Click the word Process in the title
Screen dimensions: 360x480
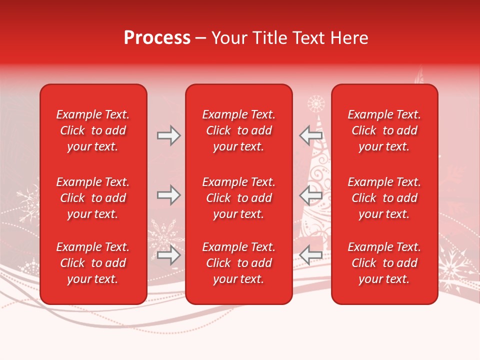pos(157,38)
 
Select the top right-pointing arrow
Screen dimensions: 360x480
pos(168,135)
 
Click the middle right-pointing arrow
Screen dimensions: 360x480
pos(168,195)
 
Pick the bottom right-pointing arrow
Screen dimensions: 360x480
pos(168,255)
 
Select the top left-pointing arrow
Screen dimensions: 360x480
pos(311,135)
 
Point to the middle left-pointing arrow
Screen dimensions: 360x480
pos(311,195)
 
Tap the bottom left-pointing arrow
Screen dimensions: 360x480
pos(311,255)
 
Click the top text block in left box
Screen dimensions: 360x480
pos(93,130)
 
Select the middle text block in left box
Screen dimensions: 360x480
pos(93,198)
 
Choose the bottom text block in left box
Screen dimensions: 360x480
pos(93,263)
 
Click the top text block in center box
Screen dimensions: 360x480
pos(238,130)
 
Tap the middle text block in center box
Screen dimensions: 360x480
pos(238,198)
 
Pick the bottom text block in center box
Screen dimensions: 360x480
pos(238,263)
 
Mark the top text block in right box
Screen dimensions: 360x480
pos(384,130)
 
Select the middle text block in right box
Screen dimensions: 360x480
pos(384,198)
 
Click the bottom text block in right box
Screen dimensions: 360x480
pos(384,263)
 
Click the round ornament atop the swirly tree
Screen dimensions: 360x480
pos(316,104)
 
